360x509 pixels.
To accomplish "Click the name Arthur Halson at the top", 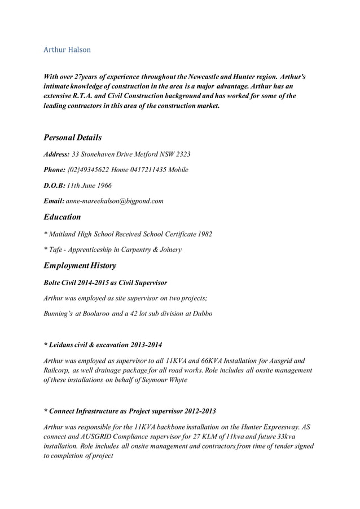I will point(67,50).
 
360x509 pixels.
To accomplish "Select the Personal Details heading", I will point(73,137).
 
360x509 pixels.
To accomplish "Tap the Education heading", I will point(62,217).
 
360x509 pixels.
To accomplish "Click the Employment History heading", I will point(80,265).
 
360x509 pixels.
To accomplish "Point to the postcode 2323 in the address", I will point(183,153).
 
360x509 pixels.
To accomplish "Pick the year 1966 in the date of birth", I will point(103,185).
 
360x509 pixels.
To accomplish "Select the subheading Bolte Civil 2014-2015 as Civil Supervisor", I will point(105,282).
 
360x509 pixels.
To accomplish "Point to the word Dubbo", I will point(201,313).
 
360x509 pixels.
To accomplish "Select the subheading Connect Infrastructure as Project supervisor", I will point(129,411).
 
